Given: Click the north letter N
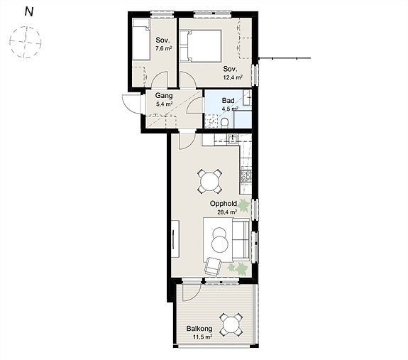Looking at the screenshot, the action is click(x=29, y=11).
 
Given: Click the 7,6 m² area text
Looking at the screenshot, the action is click(x=164, y=48).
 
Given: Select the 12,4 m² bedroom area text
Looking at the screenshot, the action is click(x=233, y=77).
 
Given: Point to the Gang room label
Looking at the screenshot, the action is click(x=164, y=96).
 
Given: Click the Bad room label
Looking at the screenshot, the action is click(x=228, y=100).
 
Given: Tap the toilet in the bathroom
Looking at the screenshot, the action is click(x=224, y=123).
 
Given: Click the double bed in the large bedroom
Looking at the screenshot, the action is click(x=201, y=46).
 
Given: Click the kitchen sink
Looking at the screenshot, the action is click(x=232, y=139).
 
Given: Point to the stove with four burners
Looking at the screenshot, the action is click(x=246, y=176).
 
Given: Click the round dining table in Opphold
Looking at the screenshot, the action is click(x=209, y=181).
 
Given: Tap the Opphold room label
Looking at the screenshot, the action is click(x=224, y=204).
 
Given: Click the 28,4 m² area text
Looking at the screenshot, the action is click(x=227, y=212).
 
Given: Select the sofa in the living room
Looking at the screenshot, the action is click(x=241, y=240).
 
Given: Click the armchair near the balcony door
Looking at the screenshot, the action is click(x=213, y=266).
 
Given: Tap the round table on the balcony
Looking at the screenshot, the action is click(x=231, y=324).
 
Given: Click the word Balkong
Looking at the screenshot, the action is click(x=199, y=329).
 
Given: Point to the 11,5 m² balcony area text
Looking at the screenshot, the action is click(x=202, y=337).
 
